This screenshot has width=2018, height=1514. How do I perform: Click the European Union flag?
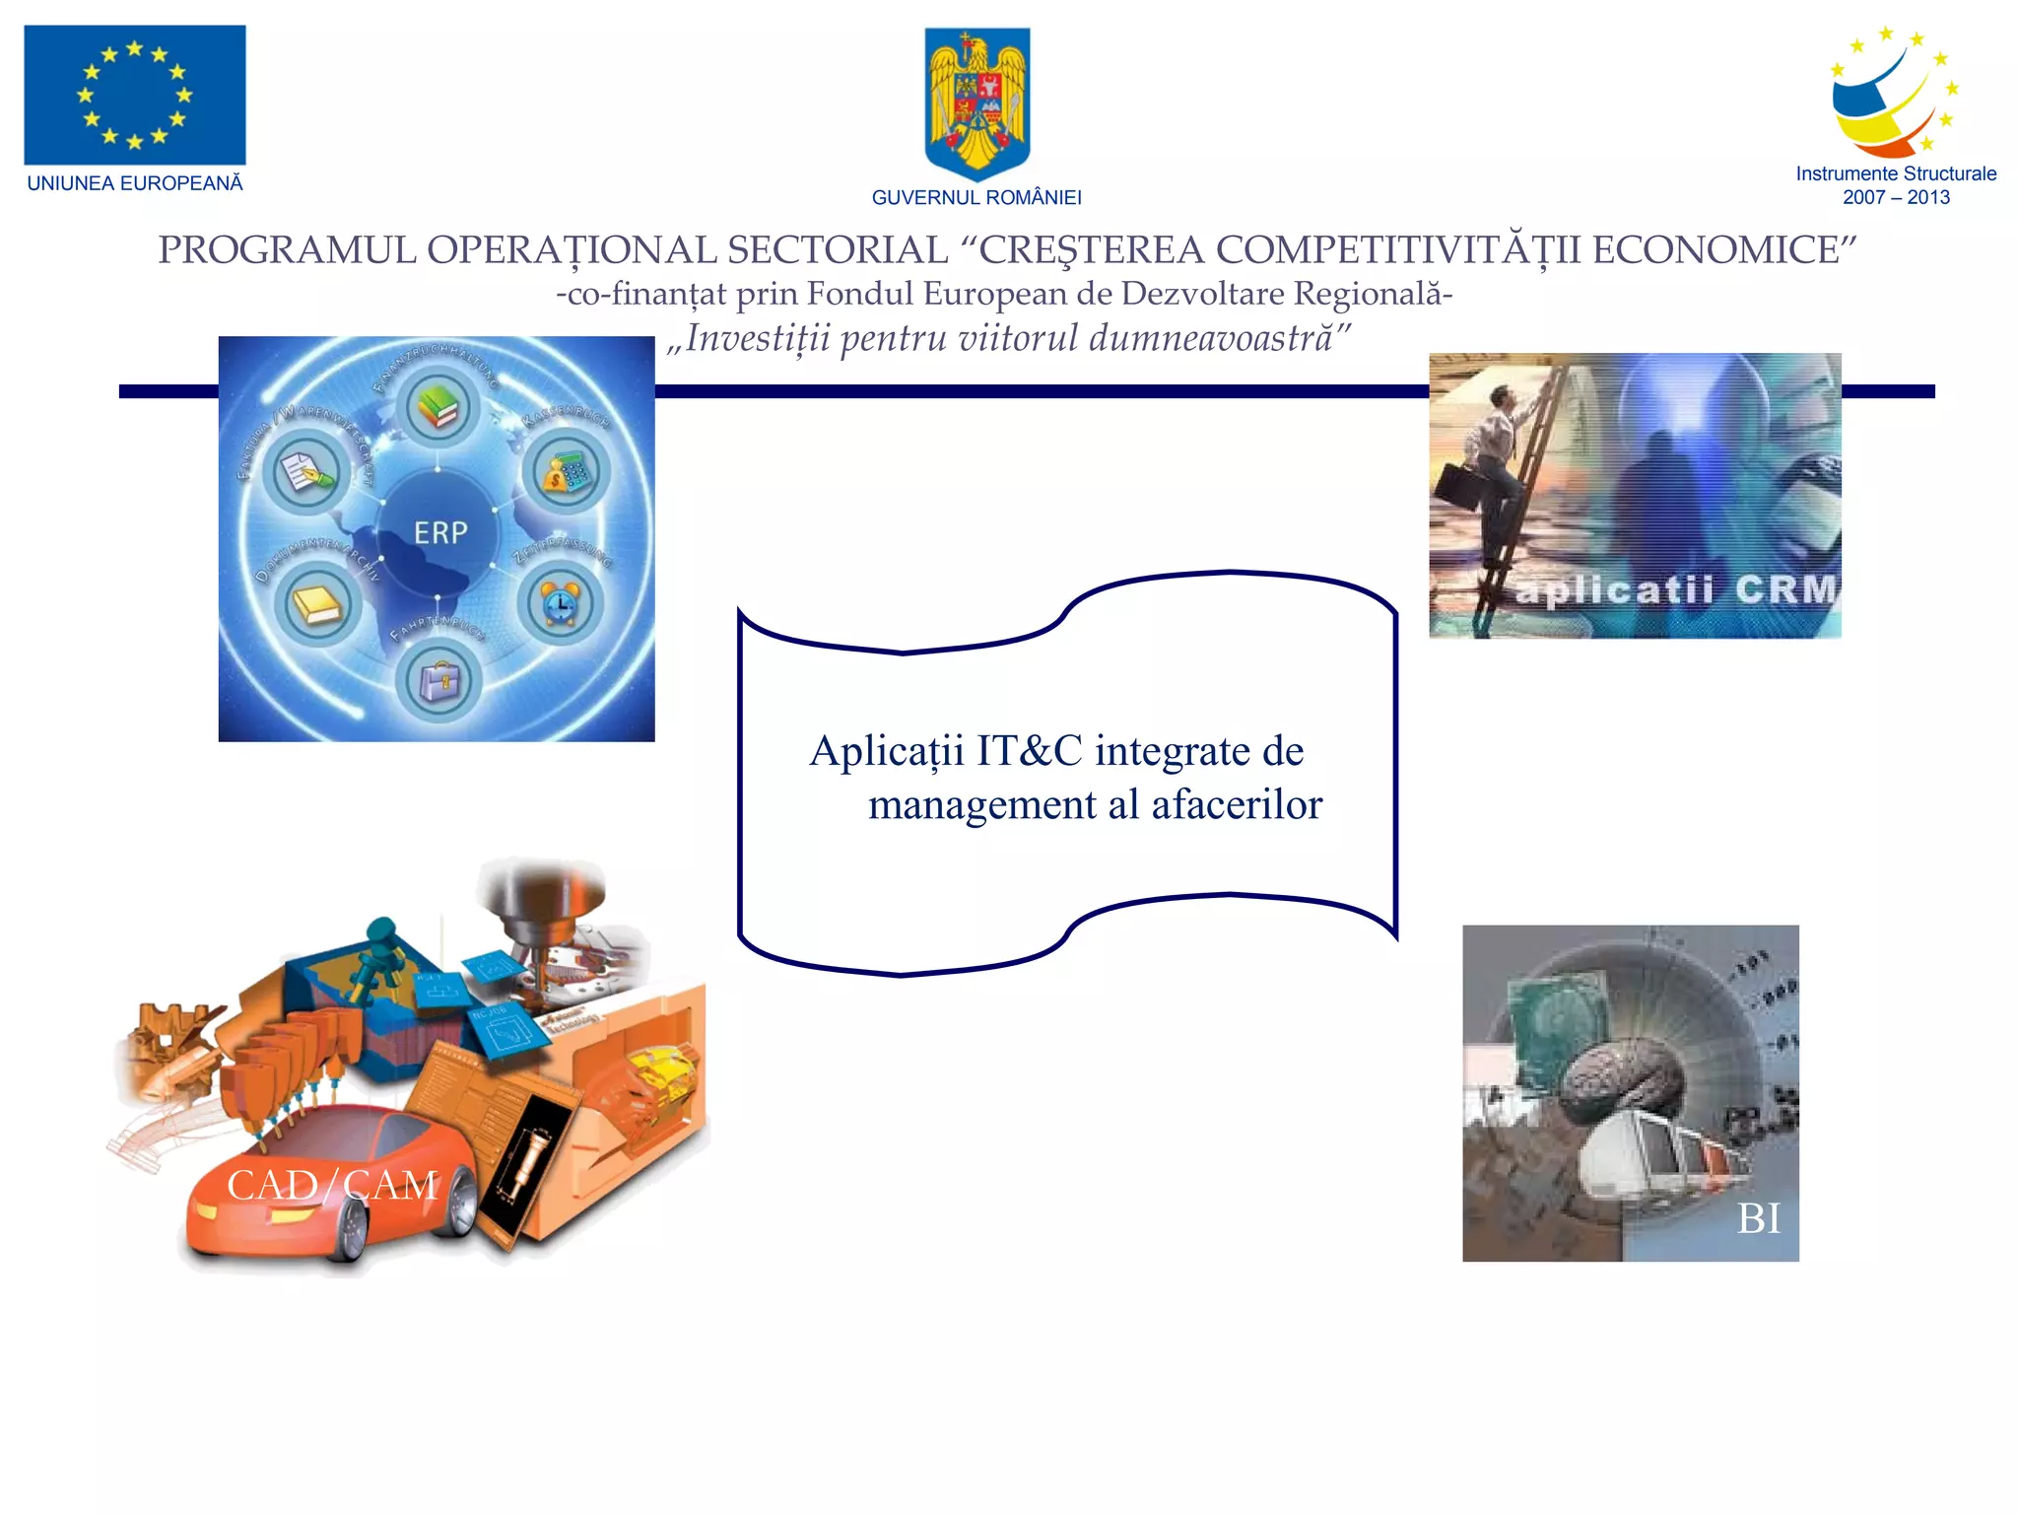tap(135, 95)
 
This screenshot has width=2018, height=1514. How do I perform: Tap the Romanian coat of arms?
tap(976, 102)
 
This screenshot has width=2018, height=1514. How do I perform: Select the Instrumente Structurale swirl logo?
tap(1893, 95)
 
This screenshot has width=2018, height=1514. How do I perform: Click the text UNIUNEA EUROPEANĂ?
tap(135, 183)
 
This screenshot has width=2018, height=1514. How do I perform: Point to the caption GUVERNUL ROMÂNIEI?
tap(976, 198)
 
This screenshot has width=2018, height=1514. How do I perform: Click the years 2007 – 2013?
tap(1896, 197)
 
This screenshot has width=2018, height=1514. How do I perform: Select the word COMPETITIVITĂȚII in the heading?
tap(1398, 250)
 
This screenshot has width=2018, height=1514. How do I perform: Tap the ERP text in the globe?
tap(440, 533)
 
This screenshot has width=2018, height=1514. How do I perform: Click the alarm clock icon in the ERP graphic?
tap(560, 602)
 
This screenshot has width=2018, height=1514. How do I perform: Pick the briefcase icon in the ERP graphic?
tap(439, 680)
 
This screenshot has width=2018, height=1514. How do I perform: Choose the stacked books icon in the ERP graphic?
tap(438, 407)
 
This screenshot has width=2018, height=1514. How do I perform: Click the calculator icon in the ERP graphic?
tap(566, 473)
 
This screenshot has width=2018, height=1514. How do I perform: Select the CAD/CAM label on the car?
tap(332, 1185)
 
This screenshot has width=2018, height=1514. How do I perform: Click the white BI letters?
tap(1759, 1219)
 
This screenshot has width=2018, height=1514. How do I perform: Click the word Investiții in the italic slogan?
tap(758, 338)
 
